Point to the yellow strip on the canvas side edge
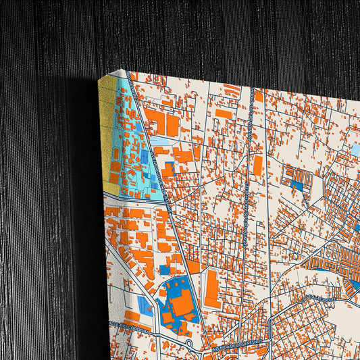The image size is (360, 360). coord(108,135)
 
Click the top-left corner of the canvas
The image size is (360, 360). coord(122,70)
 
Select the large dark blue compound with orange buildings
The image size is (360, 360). coord(177,301)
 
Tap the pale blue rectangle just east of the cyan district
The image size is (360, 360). coord(159,142)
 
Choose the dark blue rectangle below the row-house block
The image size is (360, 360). coord(297,182)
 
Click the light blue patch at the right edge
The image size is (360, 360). coord(354,149)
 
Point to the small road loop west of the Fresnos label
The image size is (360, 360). coord(190,344)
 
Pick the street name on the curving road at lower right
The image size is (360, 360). coord(316,298)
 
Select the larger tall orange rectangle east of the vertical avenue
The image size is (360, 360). coord(257,166)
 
